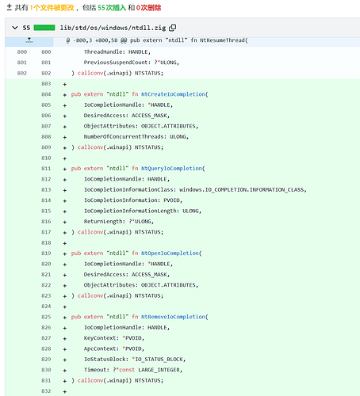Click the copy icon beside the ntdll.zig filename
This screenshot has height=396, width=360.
pos(173,28)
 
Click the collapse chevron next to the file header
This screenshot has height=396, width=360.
pos(15,28)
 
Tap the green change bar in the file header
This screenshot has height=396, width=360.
pos(44,28)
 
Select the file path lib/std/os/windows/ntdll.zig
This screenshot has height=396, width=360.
pos(113,28)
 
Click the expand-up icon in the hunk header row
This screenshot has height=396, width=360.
pos(29,40)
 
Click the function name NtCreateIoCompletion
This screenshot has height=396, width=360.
pos(173,94)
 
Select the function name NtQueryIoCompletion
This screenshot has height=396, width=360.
pos(171,169)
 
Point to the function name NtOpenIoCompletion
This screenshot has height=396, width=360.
pos(170,253)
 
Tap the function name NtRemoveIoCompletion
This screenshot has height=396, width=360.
pos(173,317)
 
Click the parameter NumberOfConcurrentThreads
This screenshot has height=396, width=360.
pos(124,137)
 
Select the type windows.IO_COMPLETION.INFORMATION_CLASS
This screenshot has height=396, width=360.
pos(241,190)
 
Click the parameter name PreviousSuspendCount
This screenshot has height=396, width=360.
pos(116,63)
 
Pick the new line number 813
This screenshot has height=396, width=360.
pos(46,190)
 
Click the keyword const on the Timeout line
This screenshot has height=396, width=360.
pos(127,370)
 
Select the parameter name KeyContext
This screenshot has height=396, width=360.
pos(100,338)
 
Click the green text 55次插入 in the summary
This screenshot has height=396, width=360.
pos(112,8)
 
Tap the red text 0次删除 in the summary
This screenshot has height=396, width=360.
pos(148,8)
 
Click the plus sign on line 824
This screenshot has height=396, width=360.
pos(65,307)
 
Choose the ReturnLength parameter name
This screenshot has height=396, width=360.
pos(103,222)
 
